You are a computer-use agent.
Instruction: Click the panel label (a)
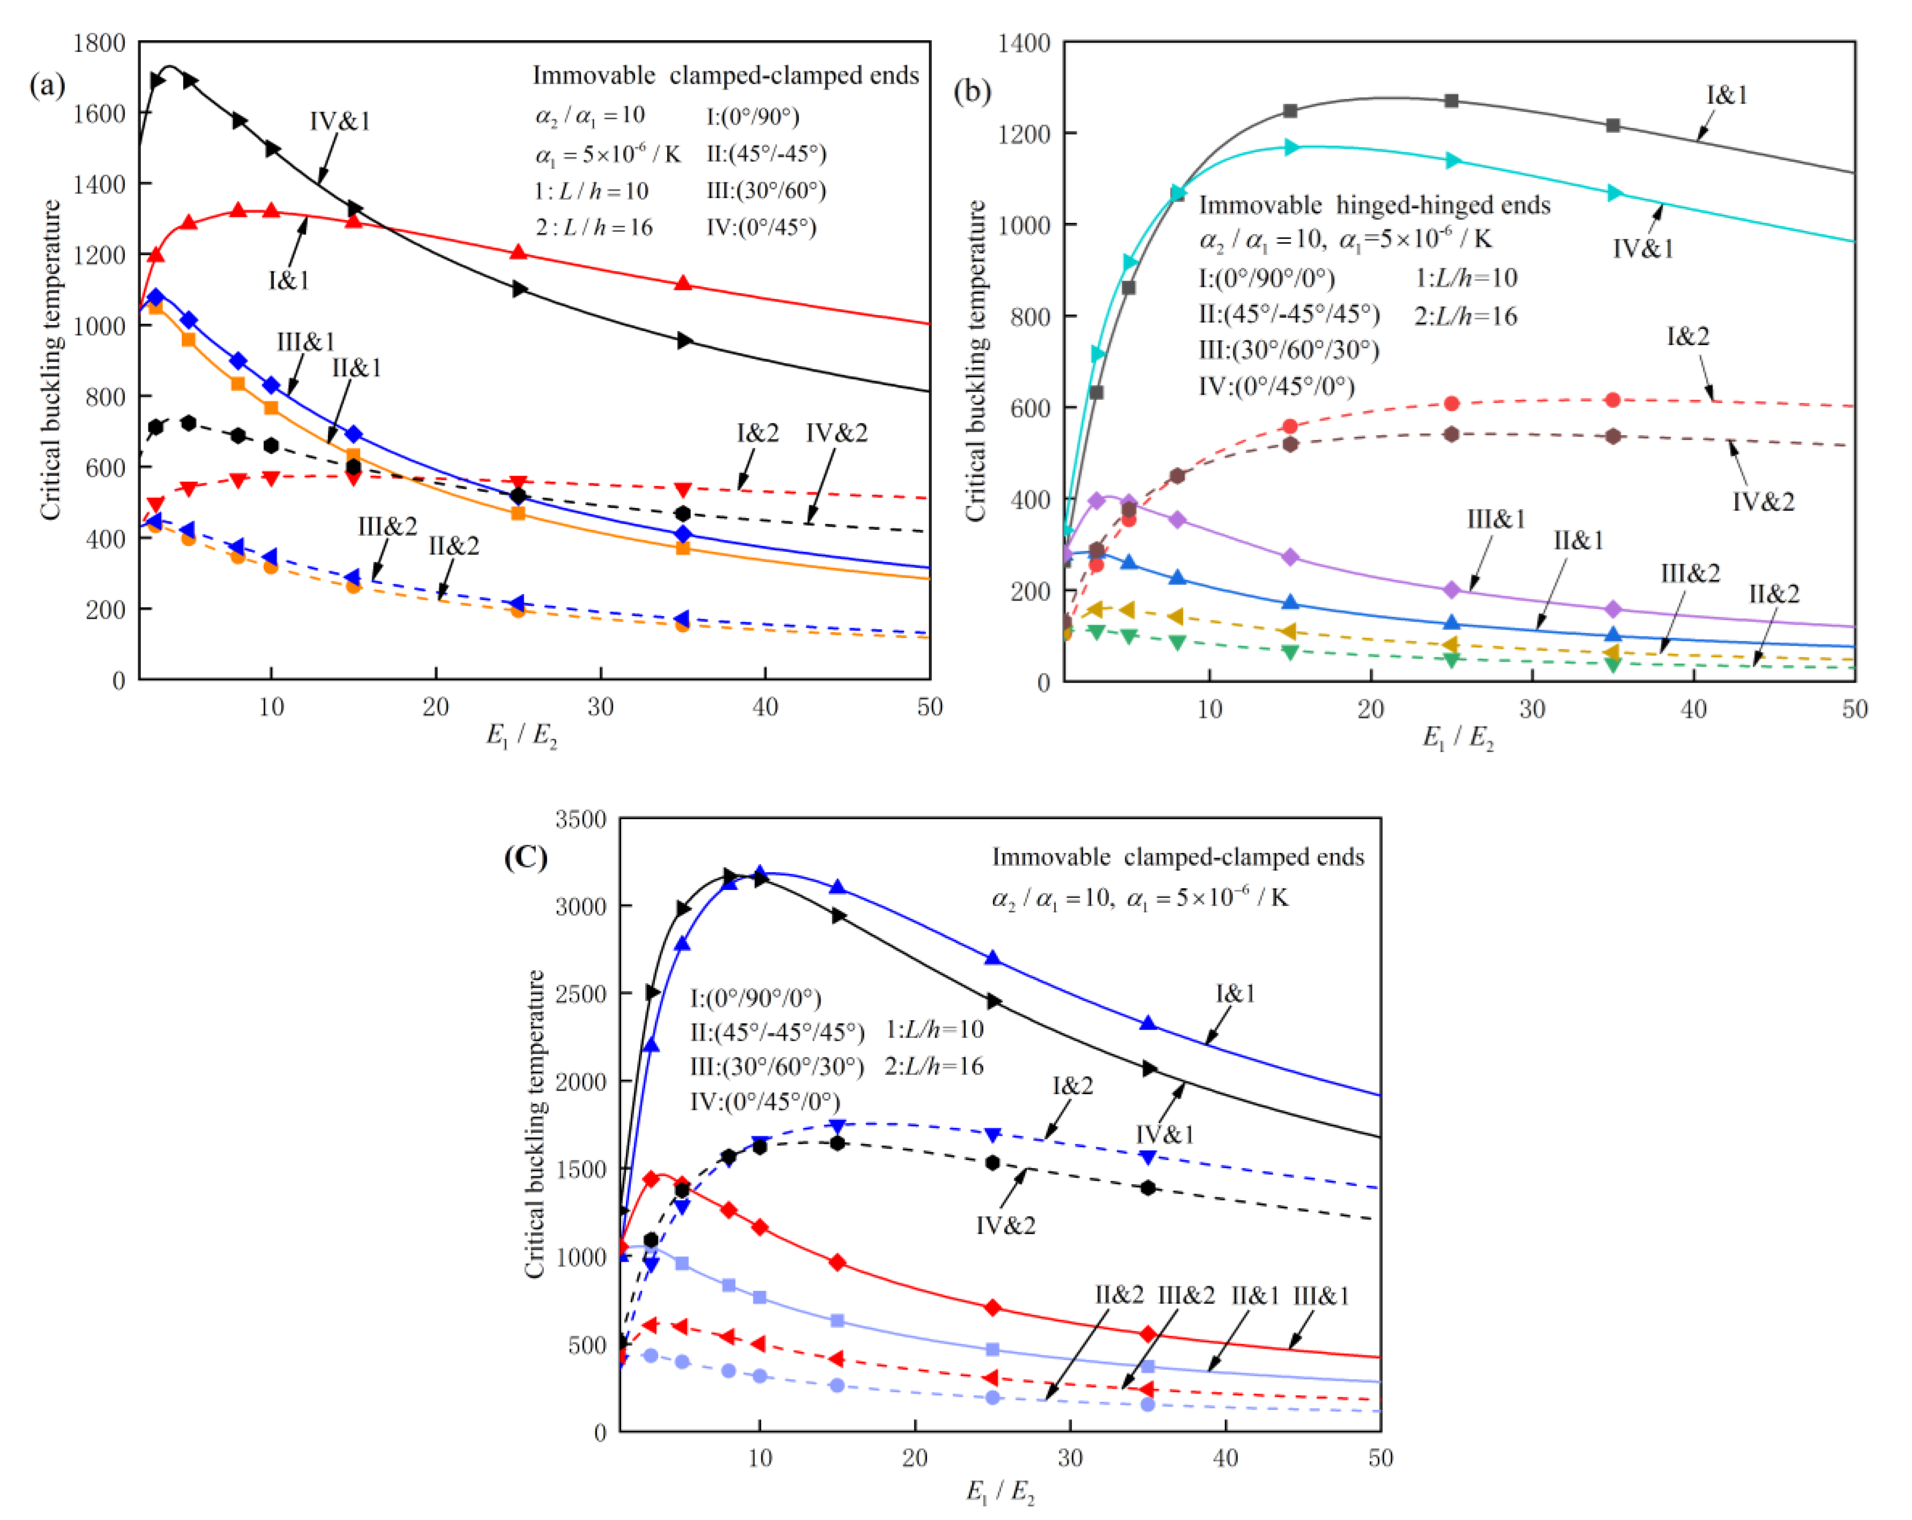pyautogui.click(x=47, y=86)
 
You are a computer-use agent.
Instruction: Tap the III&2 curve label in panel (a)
pyautogui.click(x=387, y=526)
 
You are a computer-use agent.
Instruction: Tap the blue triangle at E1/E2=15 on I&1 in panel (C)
pyautogui.click(x=836, y=887)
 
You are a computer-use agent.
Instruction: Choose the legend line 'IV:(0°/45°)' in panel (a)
pyautogui.click(x=761, y=227)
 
